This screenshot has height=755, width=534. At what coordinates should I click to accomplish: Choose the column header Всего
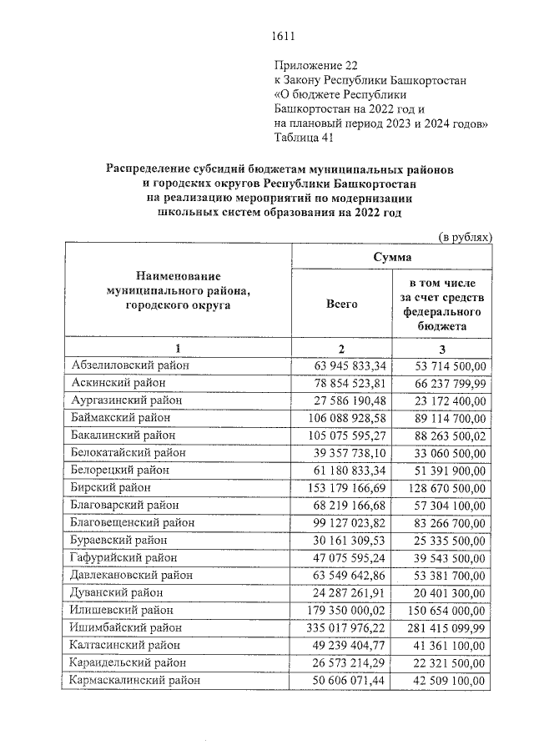[x=341, y=305]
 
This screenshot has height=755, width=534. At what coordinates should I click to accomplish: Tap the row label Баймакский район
[x=121, y=417]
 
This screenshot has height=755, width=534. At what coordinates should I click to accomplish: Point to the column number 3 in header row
[x=444, y=348]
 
